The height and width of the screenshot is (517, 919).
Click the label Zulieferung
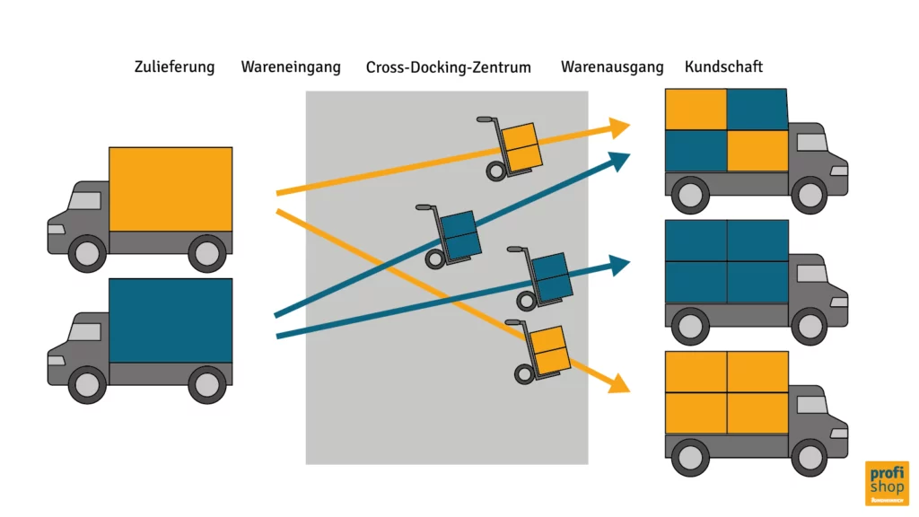tap(174, 67)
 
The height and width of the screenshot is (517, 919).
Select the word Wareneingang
tap(291, 67)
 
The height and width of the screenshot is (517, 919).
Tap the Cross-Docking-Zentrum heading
tap(448, 67)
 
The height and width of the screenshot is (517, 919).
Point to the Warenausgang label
tap(612, 67)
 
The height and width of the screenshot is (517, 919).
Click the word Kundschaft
tap(723, 67)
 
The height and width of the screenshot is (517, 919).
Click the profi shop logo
tap(886, 483)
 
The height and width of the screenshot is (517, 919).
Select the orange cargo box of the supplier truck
tap(171, 188)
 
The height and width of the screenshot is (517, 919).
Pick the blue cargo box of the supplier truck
tap(171, 320)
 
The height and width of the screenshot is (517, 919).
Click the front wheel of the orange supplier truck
tap(87, 253)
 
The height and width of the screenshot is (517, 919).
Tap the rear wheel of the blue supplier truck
tap(207, 384)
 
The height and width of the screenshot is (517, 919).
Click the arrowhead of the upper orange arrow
tap(617, 127)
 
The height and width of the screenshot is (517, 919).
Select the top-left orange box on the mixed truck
tap(696, 110)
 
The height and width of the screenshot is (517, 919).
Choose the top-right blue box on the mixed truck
tap(757, 110)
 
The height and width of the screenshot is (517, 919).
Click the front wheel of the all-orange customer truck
tap(810, 457)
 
